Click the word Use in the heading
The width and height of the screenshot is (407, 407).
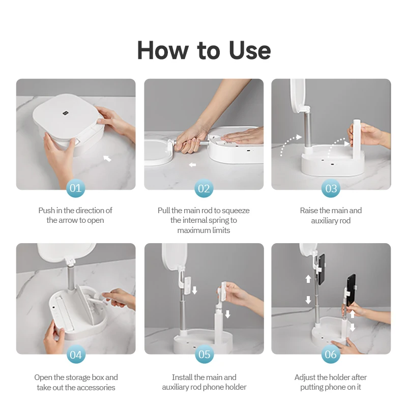click(250, 50)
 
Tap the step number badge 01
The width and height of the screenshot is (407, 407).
click(75, 188)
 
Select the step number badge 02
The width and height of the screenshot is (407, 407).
click(204, 188)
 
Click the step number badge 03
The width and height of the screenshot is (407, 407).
click(331, 188)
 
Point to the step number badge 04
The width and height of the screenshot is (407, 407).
click(76, 354)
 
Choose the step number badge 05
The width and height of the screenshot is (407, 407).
click(205, 354)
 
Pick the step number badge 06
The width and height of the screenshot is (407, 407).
click(330, 354)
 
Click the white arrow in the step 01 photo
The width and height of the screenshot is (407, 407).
click(107, 158)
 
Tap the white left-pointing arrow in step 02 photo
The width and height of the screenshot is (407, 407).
click(192, 164)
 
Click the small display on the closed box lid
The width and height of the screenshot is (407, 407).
click(65, 113)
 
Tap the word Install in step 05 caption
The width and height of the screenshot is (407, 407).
click(182, 377)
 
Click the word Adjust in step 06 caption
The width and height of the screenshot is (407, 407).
click(305, 377)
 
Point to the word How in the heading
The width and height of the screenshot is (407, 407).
click(163, 50)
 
